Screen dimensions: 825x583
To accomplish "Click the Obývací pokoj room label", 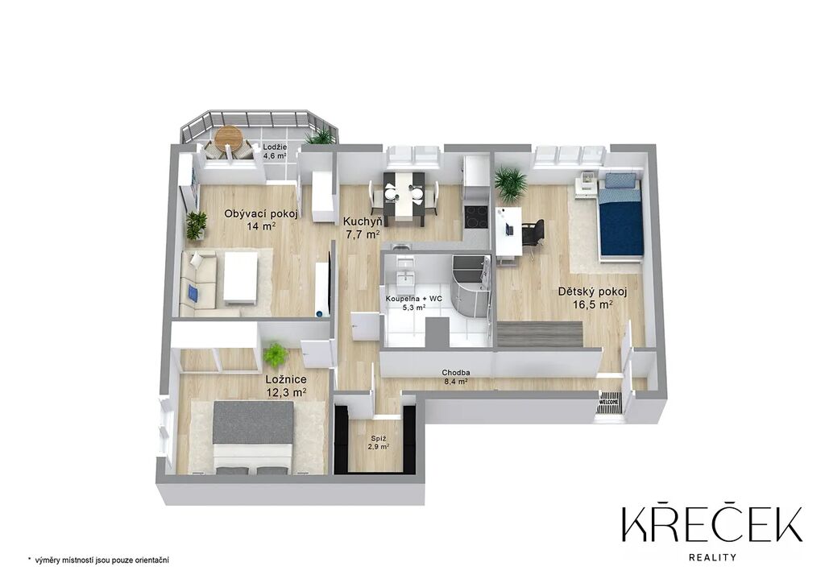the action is click(x=262, y=220).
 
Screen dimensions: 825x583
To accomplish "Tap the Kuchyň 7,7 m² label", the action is click(x=363, y=228).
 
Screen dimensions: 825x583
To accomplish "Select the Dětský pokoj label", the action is click(x=592, y=298).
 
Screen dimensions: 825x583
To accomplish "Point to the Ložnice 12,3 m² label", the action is click(x=286, y=386).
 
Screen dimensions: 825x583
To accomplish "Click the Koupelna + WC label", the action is click(x=413, y=304).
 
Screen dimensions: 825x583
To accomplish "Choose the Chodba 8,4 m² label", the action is click(x=456, y=378).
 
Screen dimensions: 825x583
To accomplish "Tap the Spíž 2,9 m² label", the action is click(x=379, y=442).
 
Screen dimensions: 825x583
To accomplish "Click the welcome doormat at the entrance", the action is click(x=609, y=402).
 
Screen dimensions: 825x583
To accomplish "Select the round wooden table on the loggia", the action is click(x=229, y=137).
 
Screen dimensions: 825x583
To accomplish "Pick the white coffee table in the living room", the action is click(x=240, y=278).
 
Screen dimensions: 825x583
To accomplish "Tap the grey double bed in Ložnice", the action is click(x=252, y=437).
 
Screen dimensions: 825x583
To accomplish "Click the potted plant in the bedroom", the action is click(x=276, y=355).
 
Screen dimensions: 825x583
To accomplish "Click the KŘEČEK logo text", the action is click(x=712, y=524).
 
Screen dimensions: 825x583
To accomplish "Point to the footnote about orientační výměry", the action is click(x=98, y=560).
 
